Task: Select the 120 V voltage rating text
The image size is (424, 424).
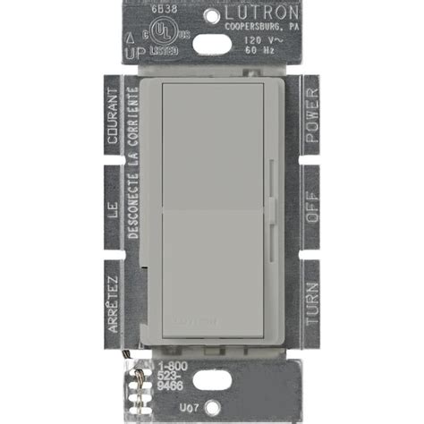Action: [259, 40]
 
